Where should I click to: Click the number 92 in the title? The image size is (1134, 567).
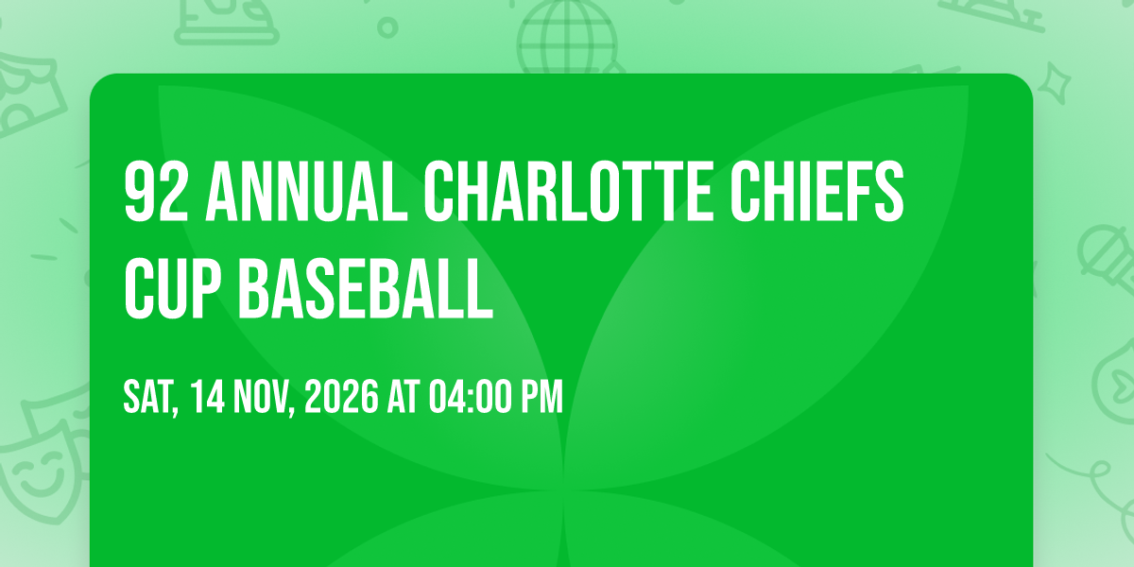[156, 191]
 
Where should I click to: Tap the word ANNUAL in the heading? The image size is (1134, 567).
[306, 191]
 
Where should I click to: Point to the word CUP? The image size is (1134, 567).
[173, 288]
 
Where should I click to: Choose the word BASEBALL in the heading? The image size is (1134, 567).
[366, 288]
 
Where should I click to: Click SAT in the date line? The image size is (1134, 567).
[150, 398]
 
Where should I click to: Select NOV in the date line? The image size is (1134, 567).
[264, 398]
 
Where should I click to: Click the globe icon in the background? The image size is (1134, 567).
[567, 37]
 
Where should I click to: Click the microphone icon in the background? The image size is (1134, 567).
[1107, 258]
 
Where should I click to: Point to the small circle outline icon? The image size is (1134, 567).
[387, 27]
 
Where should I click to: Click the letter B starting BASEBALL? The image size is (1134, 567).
[253, 288]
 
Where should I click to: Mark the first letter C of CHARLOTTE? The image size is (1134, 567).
[438, 191]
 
